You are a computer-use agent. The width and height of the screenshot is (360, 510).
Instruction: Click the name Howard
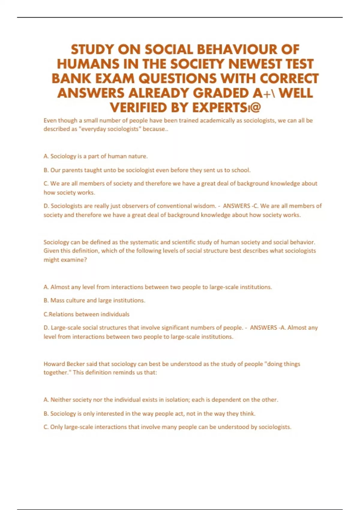tap(54, 364)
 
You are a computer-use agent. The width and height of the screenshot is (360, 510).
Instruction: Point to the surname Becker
tap(76, 364)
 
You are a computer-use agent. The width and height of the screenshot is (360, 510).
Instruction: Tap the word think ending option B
tap(247, 414)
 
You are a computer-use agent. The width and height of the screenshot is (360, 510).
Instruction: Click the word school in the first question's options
tap(241, 170)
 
